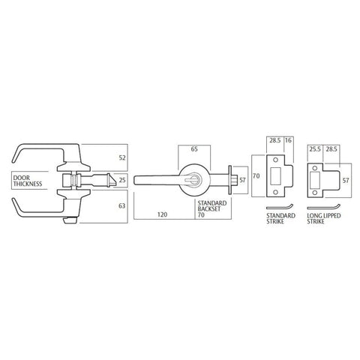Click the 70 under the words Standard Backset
click(x=200, y=214)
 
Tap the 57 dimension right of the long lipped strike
click(x=345, y=181)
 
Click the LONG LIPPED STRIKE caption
click(x=323, y=220)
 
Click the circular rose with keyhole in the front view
click(x=193, y=180)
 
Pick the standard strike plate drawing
click(x=277, y=178)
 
